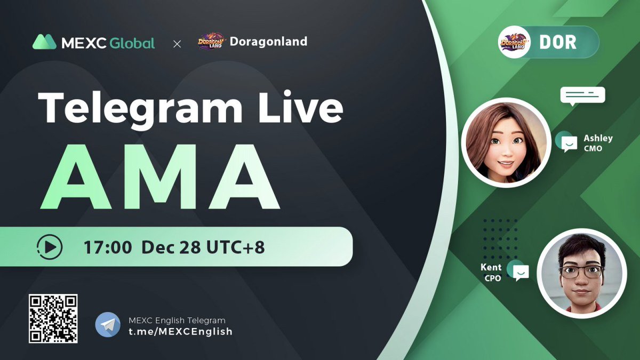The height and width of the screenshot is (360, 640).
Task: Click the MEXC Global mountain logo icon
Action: tap(44, 42)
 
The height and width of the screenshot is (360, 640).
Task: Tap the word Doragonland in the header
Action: tap(268, 42)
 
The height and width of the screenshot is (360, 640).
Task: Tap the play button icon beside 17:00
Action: tap(50, 247)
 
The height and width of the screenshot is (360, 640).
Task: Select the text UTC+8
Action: tap(236, 247)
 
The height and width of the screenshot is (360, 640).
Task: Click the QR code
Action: tap(53, 318)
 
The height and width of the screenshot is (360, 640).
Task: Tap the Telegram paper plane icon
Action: tap(108, 325)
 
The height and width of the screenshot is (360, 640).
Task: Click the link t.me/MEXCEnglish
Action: tap(180, 331)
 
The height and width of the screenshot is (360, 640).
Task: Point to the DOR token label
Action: tap(557, 42)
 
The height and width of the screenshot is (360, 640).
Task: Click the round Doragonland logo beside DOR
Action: tap(514, 42)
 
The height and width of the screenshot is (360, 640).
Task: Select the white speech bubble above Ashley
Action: tap(582, 95)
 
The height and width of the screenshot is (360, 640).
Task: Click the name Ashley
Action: tap(597, 138)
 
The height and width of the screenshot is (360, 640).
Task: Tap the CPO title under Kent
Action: tap(493, 278)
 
